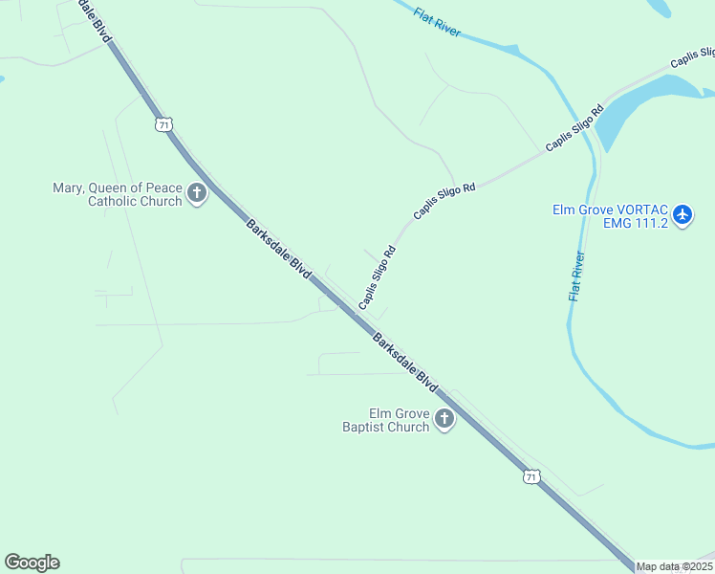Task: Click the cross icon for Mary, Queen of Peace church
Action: [197, 194]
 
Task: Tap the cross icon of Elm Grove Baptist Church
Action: [444, 419]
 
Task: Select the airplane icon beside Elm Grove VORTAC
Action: [682, 215]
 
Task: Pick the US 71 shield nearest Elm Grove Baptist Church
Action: [531, 475]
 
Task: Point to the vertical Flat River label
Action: [575, 276]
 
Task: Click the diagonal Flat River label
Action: [438, 23]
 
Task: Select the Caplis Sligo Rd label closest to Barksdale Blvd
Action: [377, 277]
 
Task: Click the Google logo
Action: [32, 563]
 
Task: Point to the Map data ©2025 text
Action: [675, 566]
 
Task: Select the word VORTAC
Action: [637, 210]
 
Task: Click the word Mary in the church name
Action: [69, 188]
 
